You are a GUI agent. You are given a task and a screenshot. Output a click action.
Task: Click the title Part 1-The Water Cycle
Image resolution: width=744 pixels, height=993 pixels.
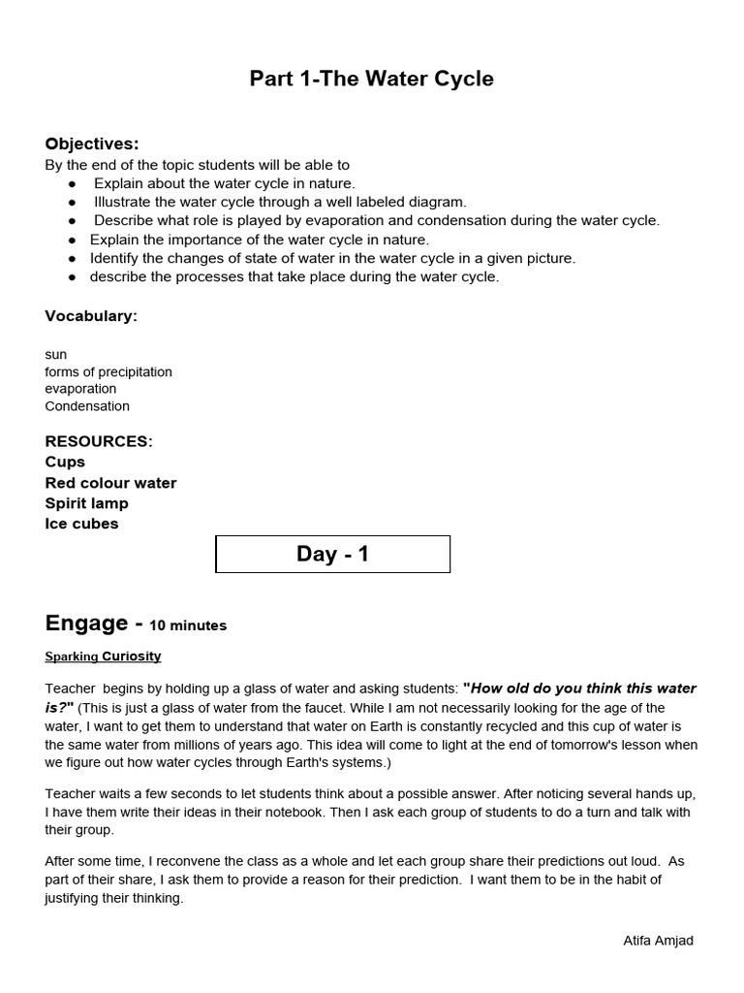click(x=372, y=79)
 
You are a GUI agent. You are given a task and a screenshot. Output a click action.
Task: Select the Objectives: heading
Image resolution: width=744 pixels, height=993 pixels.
click(x=92, y=144)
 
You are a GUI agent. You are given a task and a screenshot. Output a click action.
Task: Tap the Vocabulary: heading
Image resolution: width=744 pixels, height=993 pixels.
click(x=91, y=316)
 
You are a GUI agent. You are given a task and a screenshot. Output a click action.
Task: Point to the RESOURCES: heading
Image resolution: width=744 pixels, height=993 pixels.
click(x=99, y=441)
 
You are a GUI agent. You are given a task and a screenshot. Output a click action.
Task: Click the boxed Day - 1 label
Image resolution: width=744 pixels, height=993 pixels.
click(x=332, y=555)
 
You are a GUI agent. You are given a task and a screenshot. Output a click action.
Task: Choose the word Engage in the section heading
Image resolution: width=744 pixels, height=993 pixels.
click(x=86, y=623)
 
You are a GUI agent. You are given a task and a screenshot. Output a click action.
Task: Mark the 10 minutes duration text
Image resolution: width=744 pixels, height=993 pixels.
click(x=188, y=625)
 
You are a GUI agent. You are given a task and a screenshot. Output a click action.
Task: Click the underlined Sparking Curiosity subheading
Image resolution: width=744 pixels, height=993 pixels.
click(x=103, y=657)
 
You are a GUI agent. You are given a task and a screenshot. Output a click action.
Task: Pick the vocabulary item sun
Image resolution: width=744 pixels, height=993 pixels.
click(x=56, y=355)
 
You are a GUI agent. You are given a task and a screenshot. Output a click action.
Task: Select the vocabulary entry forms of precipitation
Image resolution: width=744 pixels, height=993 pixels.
click(x=108, y=372)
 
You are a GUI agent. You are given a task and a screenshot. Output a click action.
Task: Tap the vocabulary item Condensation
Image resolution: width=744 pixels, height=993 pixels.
click(x=87, y=406)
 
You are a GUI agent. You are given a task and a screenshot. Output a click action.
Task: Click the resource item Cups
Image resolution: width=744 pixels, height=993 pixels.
click(x=65, y=462)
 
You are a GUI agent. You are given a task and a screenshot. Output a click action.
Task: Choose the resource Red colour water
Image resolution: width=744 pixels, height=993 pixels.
click(x=110, y=483)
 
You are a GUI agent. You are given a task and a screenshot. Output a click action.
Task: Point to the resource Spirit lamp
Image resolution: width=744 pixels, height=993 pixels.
click(x=86, y=503)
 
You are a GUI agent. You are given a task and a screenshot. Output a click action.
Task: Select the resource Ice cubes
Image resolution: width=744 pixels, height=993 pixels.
click(x=81, y=524)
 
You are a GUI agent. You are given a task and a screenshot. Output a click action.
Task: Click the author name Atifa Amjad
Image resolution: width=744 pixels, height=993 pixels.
click(x=658, y=941)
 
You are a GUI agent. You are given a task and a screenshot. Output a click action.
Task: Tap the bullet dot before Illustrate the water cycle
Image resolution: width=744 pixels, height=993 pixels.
click(x=72, y=203)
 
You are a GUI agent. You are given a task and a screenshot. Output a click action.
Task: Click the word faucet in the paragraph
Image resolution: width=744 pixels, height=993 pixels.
click(x=308, y=708)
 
